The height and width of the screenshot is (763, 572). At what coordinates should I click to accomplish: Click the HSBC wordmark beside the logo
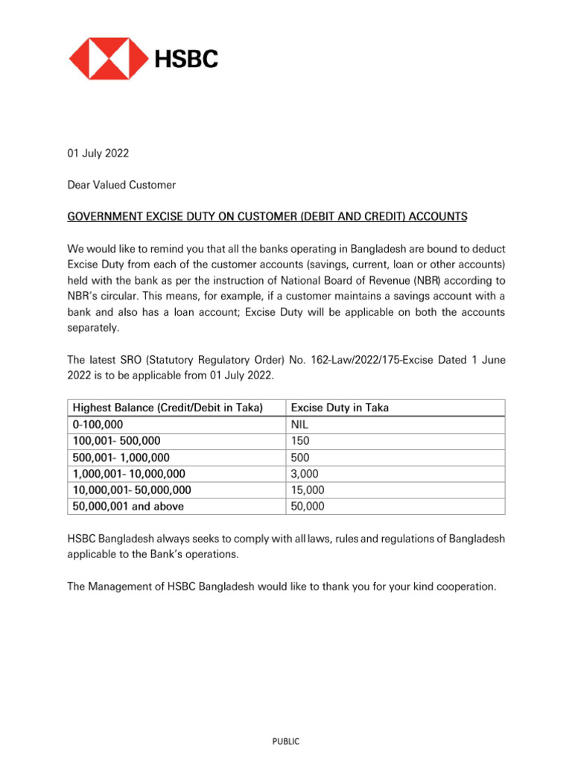coord(186,58)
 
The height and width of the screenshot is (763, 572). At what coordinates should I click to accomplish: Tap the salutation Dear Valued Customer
coord(121,185)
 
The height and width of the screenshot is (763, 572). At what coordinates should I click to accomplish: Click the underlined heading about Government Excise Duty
coord(267,216)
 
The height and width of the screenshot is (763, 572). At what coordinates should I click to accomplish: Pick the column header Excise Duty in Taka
coord(340,408)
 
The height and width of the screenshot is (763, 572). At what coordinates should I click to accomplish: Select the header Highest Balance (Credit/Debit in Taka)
coord(168,408)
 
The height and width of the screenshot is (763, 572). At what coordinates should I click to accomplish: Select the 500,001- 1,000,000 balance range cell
coord(121,457)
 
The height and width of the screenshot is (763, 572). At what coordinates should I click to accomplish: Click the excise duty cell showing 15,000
coord(307,490)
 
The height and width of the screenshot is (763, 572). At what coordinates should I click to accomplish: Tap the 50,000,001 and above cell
coord(128,506)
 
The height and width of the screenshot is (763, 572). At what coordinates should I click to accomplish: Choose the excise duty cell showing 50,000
coord(307,506)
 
